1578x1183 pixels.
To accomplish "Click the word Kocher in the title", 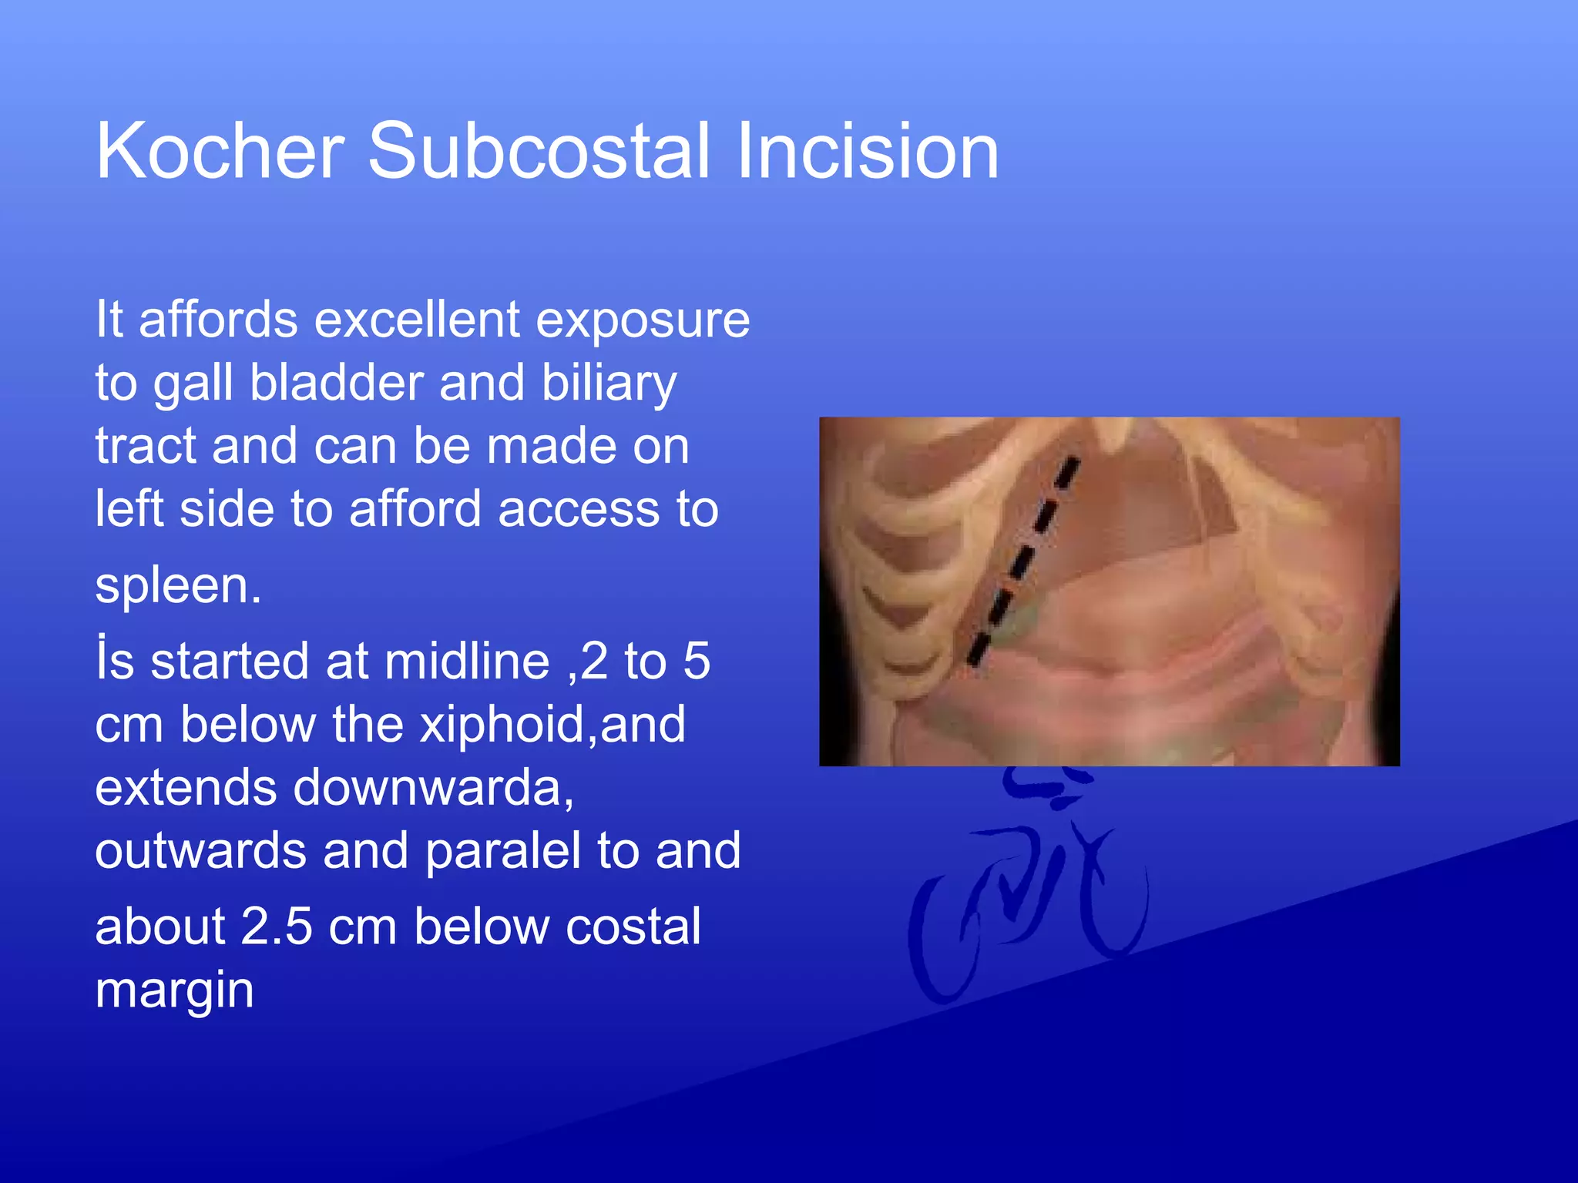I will click(220, 152).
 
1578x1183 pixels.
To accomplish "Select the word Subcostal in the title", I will click(539, 152).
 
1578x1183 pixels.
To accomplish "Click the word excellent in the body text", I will click(417, 320).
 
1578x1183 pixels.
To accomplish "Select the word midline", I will click(467, 662).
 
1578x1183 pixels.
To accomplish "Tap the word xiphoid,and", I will click(552, 726).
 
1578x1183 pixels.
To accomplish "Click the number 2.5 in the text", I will click(277, 927).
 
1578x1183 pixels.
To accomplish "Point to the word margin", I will click(174, 991).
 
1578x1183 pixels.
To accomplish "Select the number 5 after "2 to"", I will click(696, 662).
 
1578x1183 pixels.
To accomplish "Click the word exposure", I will click(643, 321).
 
